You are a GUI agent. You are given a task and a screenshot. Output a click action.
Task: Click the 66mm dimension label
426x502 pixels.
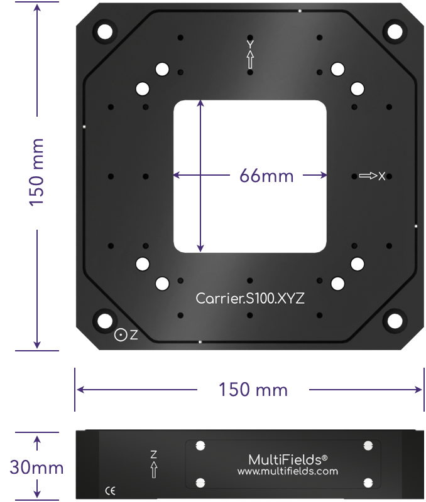point(266,176)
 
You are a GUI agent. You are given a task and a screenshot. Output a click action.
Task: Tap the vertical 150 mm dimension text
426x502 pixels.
point(36,172)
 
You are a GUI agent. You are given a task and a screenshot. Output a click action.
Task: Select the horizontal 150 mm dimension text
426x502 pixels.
point(253,390)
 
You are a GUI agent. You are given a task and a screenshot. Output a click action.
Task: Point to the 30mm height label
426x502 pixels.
point(36,467)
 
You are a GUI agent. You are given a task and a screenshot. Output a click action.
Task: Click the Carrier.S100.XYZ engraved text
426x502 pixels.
point(250,299)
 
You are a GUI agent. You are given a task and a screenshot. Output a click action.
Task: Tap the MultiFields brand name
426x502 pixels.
point(288,460)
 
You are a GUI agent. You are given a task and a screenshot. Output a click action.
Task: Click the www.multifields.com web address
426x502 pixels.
point(288,471)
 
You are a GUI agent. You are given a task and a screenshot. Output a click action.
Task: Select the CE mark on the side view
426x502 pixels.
point(110,491)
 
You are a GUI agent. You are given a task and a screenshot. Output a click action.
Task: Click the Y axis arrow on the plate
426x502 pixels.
point(250,60)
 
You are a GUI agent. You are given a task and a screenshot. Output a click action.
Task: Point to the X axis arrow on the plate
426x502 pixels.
point(368,176)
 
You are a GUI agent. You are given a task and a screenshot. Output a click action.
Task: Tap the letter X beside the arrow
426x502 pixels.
point(382,176)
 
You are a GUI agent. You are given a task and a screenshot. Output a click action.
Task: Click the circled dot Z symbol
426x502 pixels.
point(121,335)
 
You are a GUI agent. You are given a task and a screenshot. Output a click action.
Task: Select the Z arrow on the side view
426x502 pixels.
point(154,469)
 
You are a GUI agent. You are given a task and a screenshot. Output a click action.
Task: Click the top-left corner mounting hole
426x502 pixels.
point(105,32)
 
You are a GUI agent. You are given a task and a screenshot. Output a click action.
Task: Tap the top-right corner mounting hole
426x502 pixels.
point(395,32)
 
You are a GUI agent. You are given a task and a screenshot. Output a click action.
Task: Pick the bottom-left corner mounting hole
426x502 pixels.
point(105,321)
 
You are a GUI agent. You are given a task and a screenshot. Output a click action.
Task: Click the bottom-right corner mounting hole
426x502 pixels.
point(395,321)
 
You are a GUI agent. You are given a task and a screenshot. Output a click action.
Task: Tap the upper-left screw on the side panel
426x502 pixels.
point(200,446)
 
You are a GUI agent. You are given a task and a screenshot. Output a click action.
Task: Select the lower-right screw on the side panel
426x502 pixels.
point(368,483)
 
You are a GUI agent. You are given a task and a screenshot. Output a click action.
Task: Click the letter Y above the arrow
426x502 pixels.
point(250,44)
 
